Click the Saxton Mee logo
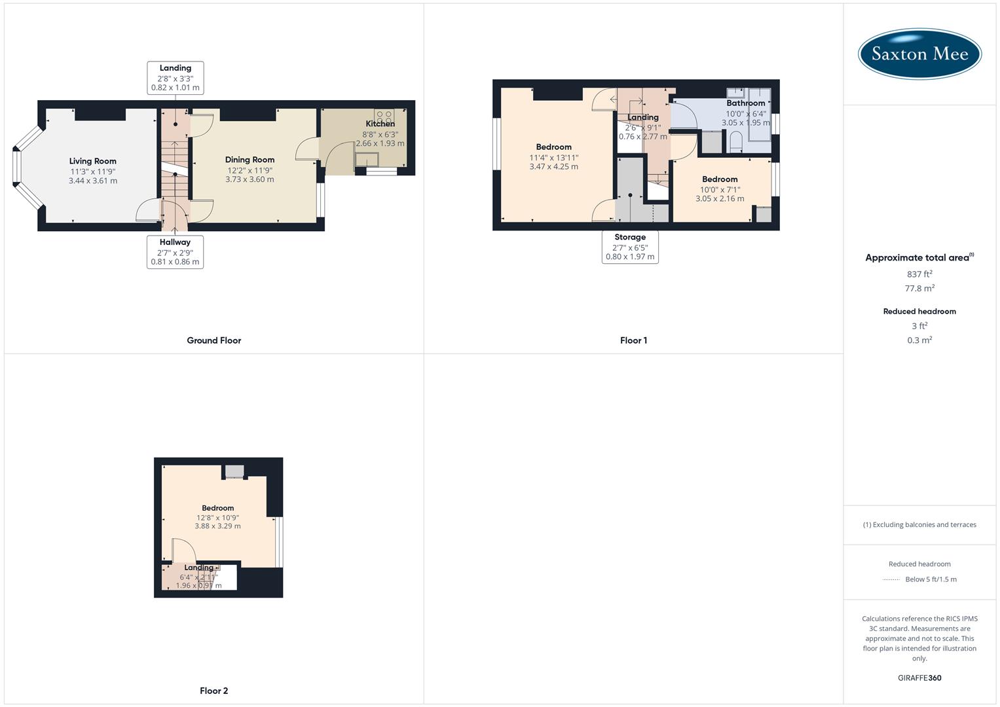click(x=919, y=54)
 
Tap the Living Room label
click(x=93, y=161)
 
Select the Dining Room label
click(x=250, y=160)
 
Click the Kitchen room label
click(x=380, y=124)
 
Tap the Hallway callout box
click(x=175, y=252)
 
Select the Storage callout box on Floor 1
click(x=630, y=247)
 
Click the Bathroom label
click(x=745, y=103)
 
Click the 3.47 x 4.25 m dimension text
click(x=553, y=167)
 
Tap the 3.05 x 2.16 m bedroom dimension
click(x=720, y=199)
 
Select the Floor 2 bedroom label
click(x=217, y=508)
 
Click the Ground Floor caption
click(x=213, y=340)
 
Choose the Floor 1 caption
click(x=633, y=340)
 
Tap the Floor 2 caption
click(x=213, y=691)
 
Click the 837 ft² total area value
click(x=919, y=274)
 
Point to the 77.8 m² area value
click(x=919, y=288)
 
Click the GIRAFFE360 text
click(x=919, y=678)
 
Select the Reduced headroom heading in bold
click(x=919, y=312)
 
